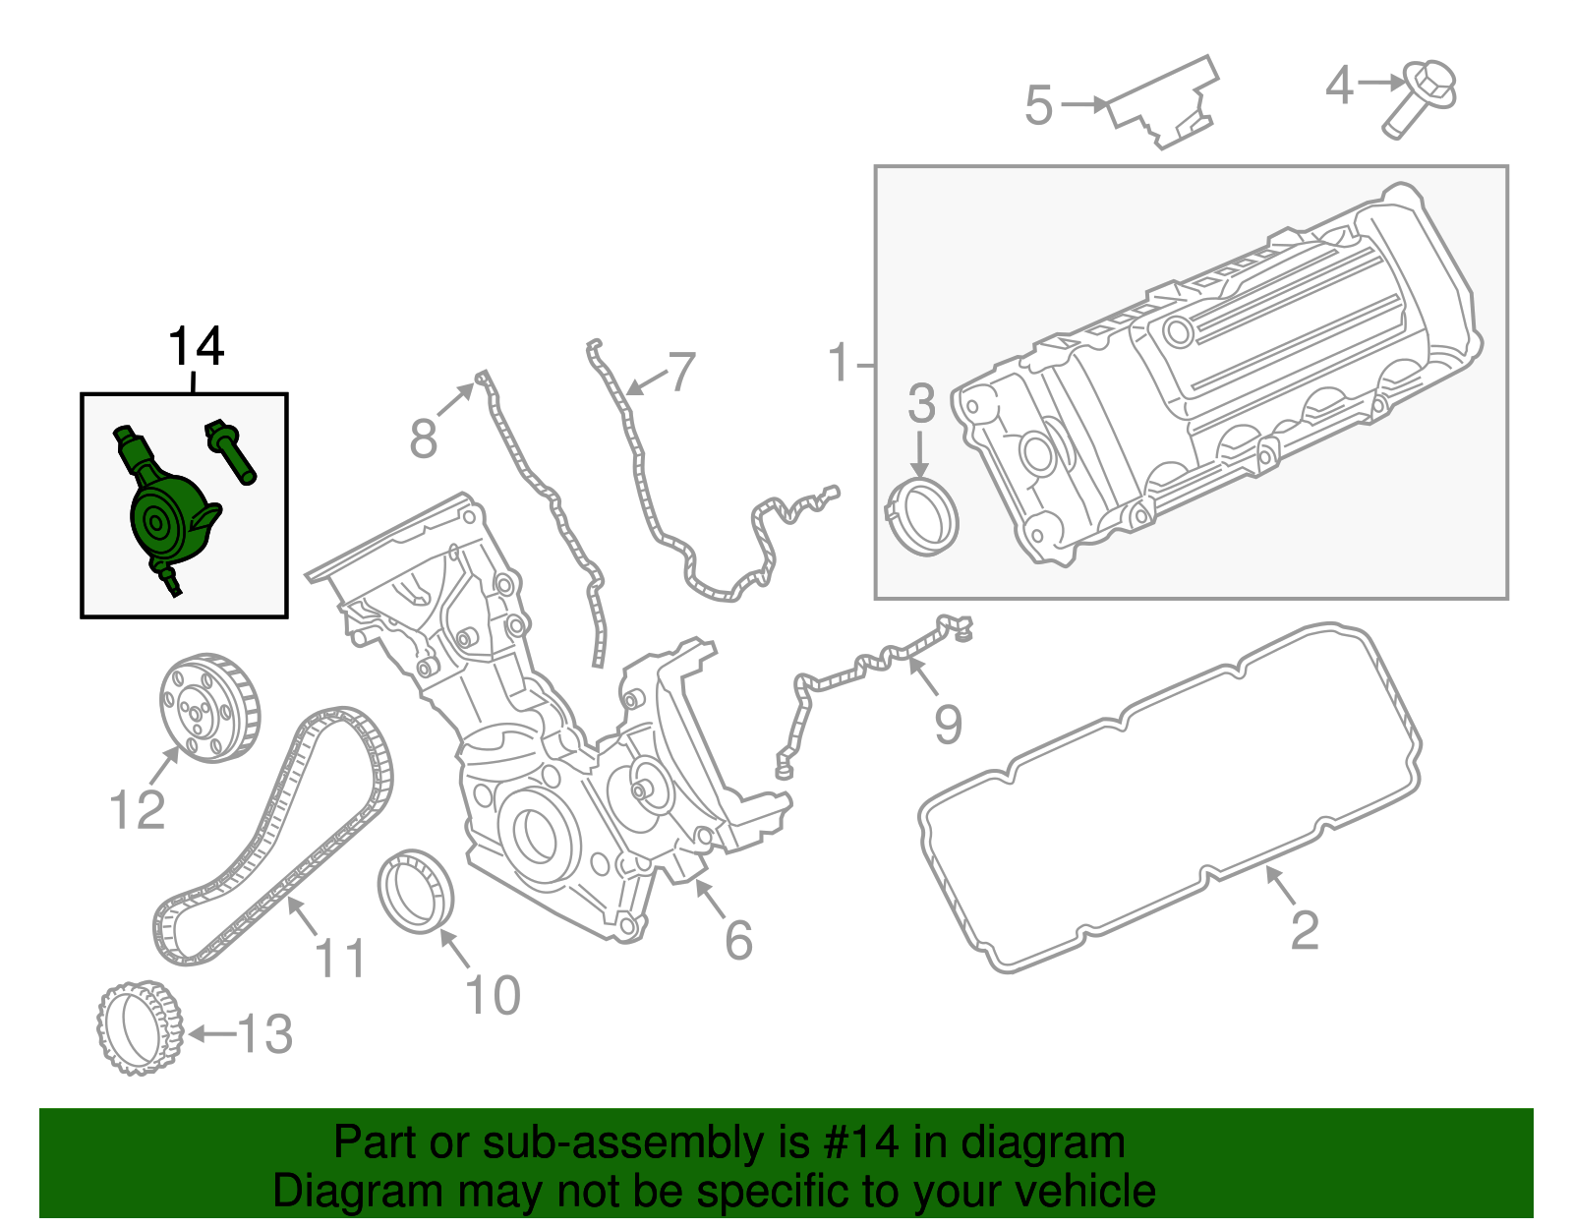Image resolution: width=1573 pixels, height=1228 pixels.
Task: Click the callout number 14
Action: [197, 346]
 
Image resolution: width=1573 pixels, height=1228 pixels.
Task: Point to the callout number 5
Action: [1038, 105]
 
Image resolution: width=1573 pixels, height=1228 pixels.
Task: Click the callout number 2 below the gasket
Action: [1304, 929]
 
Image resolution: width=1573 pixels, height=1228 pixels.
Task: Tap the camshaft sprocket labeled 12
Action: [208, 708]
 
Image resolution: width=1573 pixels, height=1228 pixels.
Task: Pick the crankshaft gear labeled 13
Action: [140, 1027]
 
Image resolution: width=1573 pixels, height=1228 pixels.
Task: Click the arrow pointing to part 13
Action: [210, 1033]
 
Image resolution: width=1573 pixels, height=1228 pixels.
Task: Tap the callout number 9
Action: [948, 724]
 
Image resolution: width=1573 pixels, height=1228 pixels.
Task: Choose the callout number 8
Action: [423, 439]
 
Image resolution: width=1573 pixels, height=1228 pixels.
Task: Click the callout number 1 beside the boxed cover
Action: [838, 363]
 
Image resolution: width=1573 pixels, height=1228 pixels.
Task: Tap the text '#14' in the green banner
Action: [854, 1142]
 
